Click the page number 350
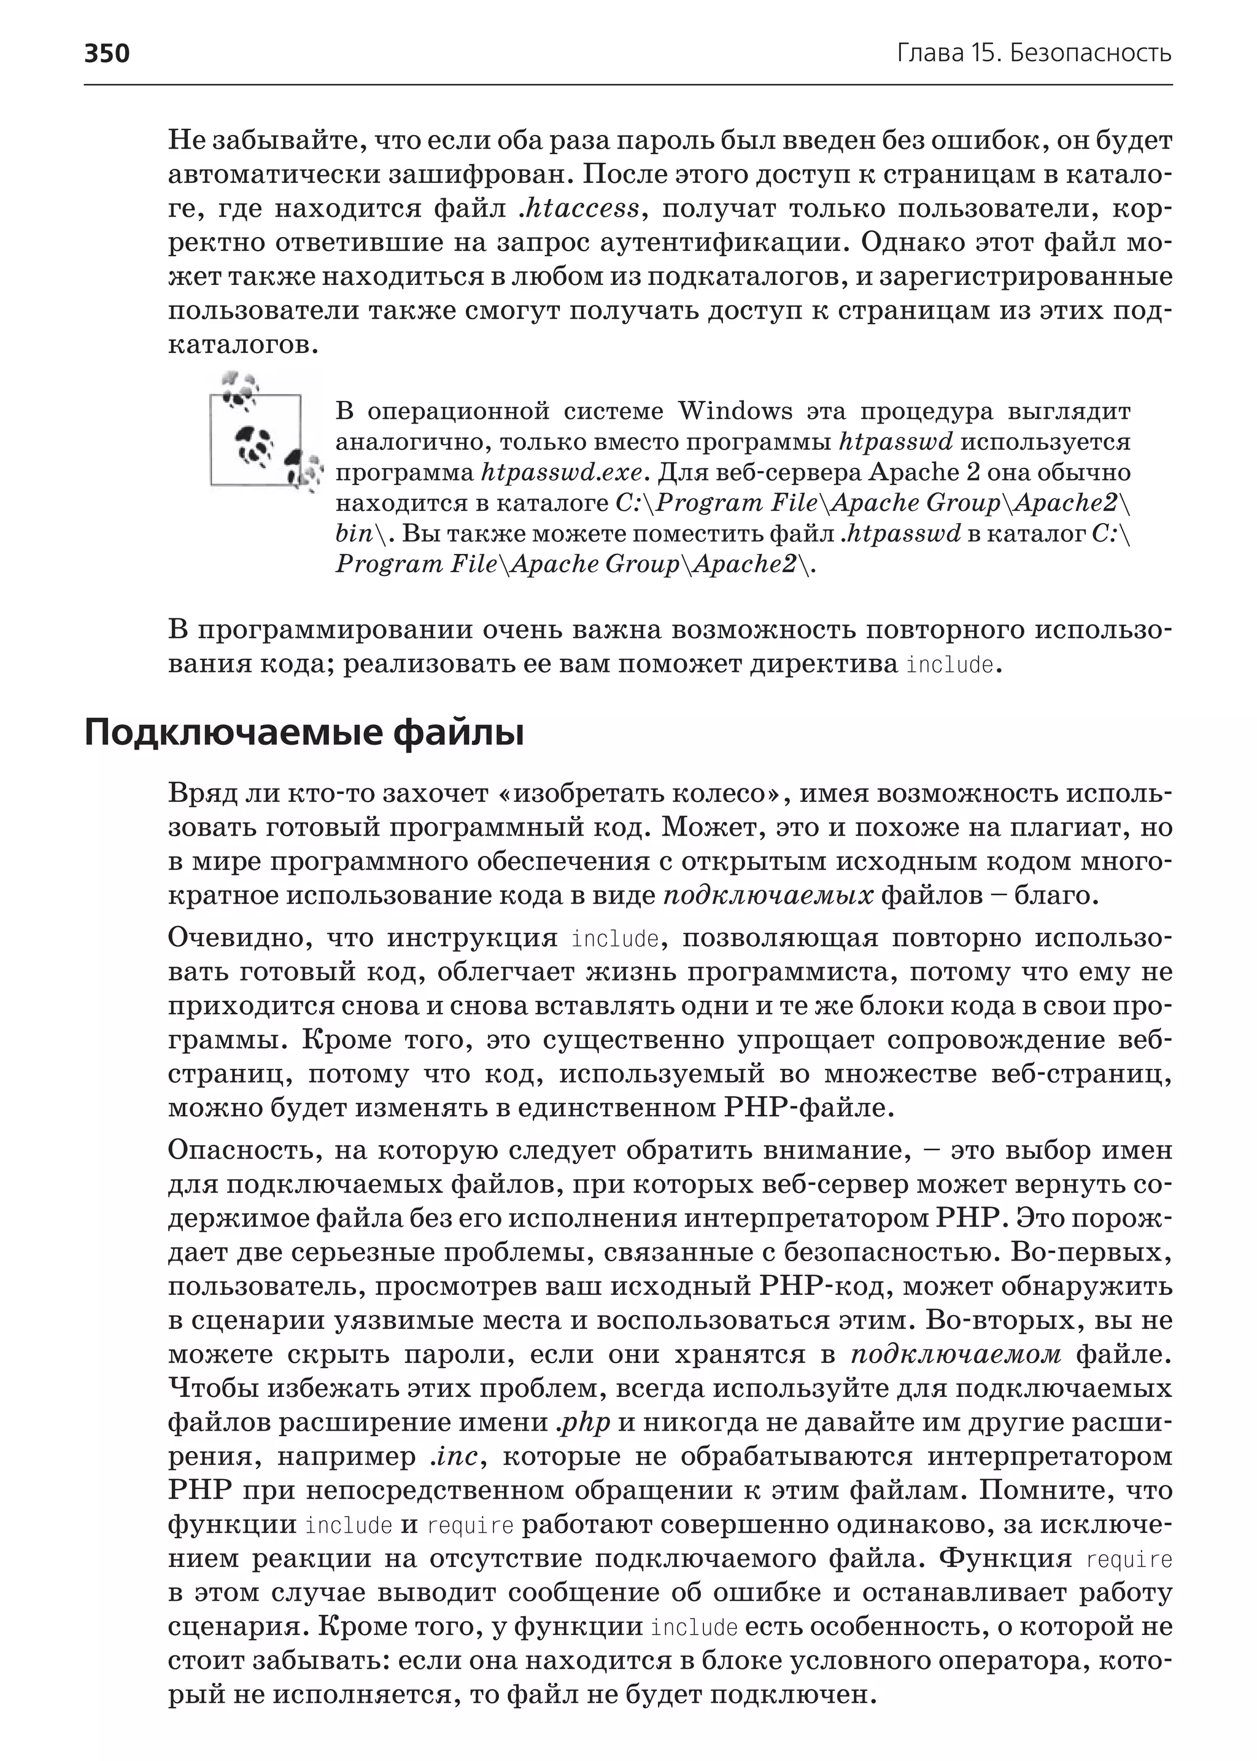(107, 53)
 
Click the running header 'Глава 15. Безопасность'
(1034, 53)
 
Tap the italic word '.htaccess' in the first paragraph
(579, 208)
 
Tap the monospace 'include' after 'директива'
(950, 665)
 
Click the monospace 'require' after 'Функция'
(1129, 1559)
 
